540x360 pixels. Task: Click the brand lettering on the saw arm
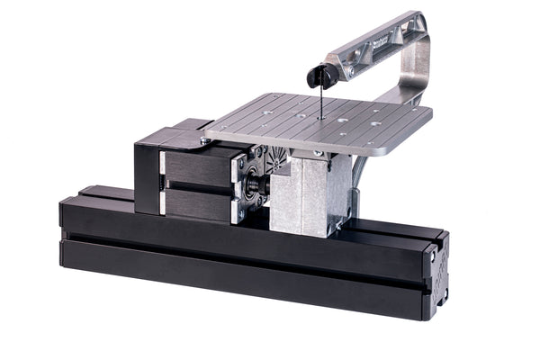pyautogui.click(x=379, y=41)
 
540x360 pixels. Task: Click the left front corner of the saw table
pyautogui.click(x=209, y=137)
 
